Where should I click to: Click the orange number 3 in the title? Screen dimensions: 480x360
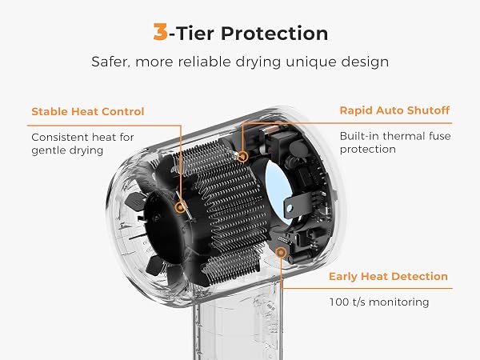click(161, 32)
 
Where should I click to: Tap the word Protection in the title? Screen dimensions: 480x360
click(274, 33)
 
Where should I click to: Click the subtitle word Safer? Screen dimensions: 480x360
click(110, 62)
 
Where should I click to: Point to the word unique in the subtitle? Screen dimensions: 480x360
click(311, 62)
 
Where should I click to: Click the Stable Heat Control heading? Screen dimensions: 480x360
click(87, 111)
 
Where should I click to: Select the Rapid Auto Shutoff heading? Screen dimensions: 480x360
click(394, 110)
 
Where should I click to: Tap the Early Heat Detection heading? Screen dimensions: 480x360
click(388, 276)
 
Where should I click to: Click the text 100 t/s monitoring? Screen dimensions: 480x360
click(379, 302)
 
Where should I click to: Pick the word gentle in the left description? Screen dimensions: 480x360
click(48, 150)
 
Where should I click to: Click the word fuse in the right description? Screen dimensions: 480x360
click(439, 136)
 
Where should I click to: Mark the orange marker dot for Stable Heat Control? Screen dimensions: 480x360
click(181, 207)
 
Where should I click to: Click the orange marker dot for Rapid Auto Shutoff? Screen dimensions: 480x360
click(242, 157)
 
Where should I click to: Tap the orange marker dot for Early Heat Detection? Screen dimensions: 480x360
click(281, 253)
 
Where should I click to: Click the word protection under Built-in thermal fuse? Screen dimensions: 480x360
click(368, 150)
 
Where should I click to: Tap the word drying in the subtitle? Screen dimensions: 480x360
click(258, 62)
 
